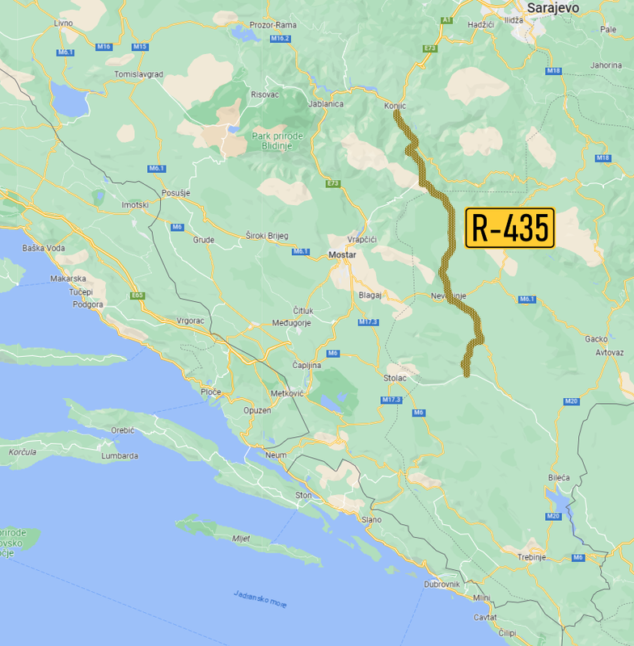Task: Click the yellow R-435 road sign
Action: coord(509,228)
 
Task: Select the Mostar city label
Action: coord(342,255)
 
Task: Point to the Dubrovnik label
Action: coord(442,584)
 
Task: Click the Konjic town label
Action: coord(395,106)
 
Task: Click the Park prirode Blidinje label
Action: coord(277,141)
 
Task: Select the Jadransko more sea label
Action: coord(260,598)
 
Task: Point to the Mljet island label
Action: coord(242,539)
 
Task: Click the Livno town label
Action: coord(63,23)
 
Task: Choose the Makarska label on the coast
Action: coord(68,279)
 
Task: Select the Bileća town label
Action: coord(559,477)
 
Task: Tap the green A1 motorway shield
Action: coord(445,19)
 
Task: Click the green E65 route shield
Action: coord(137,296)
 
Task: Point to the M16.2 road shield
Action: coord(280,38)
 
